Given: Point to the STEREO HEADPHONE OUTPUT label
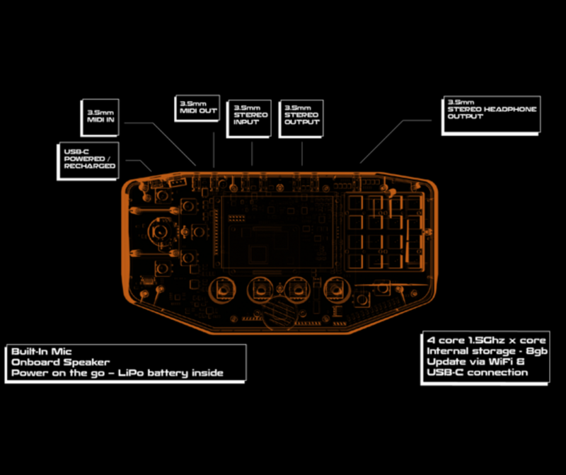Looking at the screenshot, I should tap(492, 113).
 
